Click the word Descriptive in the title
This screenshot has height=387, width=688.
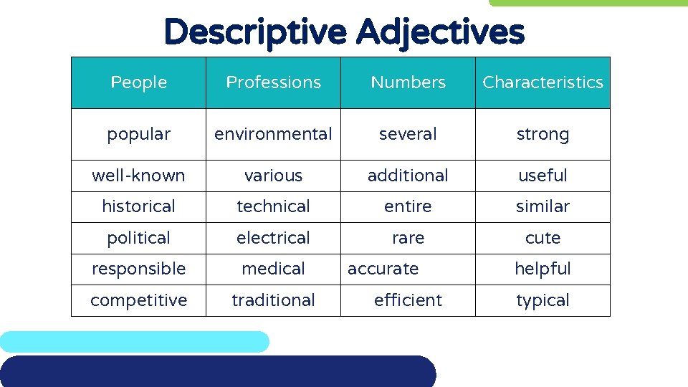click(x=255, y=32)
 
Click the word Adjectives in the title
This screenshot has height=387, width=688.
click(x=439, y=32)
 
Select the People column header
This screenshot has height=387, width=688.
click(x=139, y=83)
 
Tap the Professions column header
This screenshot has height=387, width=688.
click(x=273, y=83)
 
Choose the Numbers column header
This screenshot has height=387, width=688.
click(x=408, y=83)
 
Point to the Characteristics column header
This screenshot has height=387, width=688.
click(x=543, y=83)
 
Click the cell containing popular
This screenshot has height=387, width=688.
click(x=139, y=134)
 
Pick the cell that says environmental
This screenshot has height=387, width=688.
click(x=273, y=134)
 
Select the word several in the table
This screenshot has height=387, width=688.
click(x=408, y=134)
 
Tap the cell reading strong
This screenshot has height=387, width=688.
click(x=543, y=134)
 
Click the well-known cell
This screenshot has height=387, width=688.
click(x=139, y=176)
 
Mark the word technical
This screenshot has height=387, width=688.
click(x=273, y=206)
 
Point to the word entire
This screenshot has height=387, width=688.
click(x=408, y=206)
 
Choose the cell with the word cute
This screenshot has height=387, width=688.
click(x=543, y=238)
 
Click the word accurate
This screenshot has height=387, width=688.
click(x=383, y=269)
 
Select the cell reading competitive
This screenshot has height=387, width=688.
click(x=139, y=300)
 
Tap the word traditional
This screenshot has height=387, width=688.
click(x=273, y=300)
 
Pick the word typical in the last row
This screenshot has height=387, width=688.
click(x=543, y=300)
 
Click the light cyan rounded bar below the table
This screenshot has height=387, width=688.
click(x=135, y=341)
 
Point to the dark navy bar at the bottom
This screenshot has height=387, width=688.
click(x=215, y=371)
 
